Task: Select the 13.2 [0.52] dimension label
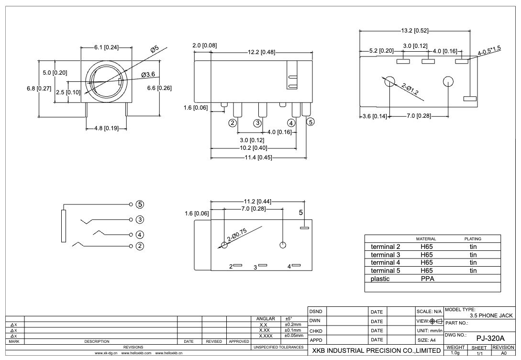tap(414, 31)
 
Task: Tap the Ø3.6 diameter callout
tap(148, 74)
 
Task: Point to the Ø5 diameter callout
tap(154, 49)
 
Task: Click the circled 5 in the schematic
tap(140, 204)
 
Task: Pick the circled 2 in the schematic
tap(140, 246)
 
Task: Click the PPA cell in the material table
tap(427, 279)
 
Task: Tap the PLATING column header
tap(473, 238)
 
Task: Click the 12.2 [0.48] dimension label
tap(262, 52)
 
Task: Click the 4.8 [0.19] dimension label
tap(106, 128)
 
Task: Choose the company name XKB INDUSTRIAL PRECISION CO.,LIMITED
tap(376, 351)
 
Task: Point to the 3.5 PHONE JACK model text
tap(491, 315)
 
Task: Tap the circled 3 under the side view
tap(257, 123)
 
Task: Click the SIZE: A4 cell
tap(427, 340)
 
